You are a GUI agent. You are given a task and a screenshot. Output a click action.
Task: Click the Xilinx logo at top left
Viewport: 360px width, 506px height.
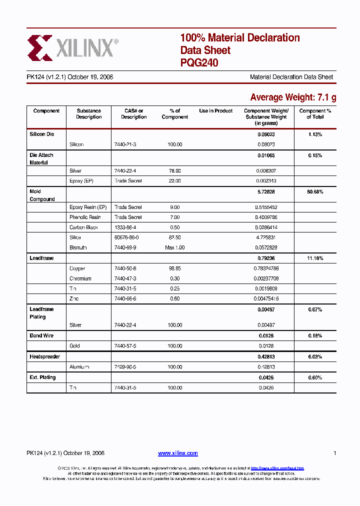(72, 47)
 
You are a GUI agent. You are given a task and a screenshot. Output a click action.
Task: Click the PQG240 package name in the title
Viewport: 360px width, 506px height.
(199, 63)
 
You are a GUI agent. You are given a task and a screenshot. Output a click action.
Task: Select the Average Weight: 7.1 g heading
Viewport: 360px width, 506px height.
(293, 97)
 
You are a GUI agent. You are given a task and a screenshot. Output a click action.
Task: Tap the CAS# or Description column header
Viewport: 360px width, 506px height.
(133, 114)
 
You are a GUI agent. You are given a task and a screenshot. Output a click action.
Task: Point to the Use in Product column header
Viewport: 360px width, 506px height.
(215, 111)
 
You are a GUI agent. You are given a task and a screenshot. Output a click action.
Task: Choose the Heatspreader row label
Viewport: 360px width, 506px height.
(44, 356)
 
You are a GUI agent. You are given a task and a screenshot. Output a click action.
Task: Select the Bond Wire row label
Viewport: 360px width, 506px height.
(41, 335)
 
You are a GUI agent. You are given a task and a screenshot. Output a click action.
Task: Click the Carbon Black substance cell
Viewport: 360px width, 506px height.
(83, 227)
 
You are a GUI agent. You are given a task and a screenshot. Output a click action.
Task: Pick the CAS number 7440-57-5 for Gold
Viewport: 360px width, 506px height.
(125, 346)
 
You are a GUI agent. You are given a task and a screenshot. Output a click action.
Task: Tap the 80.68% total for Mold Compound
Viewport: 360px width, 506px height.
(315, 191)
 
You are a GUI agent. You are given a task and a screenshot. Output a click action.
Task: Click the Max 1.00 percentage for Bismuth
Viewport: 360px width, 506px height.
(175, 247)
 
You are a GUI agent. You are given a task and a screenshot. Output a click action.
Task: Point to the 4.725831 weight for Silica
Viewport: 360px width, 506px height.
(266, 237)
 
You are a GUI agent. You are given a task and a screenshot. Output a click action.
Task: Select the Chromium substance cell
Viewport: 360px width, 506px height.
(80, 278)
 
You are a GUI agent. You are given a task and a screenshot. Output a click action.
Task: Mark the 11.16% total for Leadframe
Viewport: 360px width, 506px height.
(315, 258)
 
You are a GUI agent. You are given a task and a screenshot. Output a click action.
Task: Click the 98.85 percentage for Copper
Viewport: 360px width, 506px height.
(175, 268)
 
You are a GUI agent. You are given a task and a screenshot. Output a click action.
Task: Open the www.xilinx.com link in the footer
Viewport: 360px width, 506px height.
(177, 453)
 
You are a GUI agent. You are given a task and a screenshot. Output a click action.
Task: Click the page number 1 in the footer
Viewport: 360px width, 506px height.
(334, 453)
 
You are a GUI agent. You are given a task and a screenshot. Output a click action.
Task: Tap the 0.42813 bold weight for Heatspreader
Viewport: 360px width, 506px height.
(266, 356)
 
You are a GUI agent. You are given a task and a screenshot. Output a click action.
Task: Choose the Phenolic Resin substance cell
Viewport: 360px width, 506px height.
(85, 217)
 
